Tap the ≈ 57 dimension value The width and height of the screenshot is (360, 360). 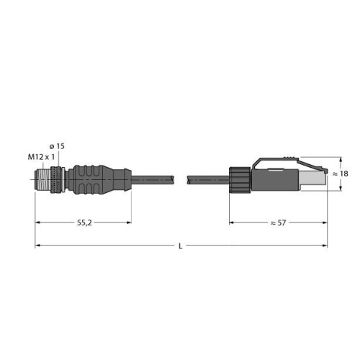tap(278, 224)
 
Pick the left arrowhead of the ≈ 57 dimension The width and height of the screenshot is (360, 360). tap(233, 224)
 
